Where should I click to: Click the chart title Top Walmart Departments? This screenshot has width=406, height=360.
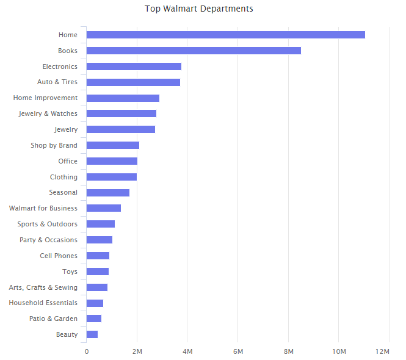pos(198,9)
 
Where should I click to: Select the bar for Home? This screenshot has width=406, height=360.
pos(225,35)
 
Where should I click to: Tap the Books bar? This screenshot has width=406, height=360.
pos(194,51)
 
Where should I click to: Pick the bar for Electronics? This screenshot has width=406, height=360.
pos(134,67)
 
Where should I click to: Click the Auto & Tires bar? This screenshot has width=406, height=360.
pos(133,82)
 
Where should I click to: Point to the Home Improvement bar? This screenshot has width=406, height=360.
pos(123,98)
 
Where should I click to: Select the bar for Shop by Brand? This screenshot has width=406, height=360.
pos(113,145)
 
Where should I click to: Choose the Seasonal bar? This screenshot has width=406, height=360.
pos(108,193)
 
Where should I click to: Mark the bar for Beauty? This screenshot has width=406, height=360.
pos(92,334)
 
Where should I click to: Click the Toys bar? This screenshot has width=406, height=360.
pos(98,272)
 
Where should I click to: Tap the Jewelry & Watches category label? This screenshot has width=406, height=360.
pos(48,113)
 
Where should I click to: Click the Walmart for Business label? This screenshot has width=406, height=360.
pos(43,208)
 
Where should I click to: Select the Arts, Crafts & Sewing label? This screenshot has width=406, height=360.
pos(43,287)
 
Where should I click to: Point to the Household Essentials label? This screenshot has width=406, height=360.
pos(43,303)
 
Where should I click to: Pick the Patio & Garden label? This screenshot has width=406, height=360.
pos(53,319)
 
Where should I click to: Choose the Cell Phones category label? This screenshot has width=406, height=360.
pos(59,256)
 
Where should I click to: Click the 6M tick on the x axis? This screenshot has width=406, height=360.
pos(238,352)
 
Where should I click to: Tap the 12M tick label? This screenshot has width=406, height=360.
pos(383,352)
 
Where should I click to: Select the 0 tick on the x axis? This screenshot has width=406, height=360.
pos(87,352)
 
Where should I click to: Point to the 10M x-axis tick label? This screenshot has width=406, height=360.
pos(339,352)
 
